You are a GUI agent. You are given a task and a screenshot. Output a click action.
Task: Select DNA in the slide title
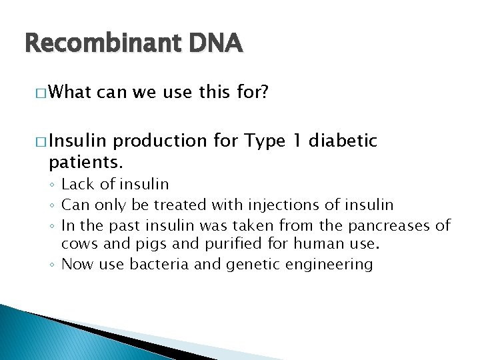tap(215, 43)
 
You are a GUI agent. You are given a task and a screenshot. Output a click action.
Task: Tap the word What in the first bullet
tap(70, 91)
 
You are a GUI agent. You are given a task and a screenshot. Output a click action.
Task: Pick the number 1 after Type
tap(299, 141)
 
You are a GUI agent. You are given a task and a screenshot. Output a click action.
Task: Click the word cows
tap(78, 243)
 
